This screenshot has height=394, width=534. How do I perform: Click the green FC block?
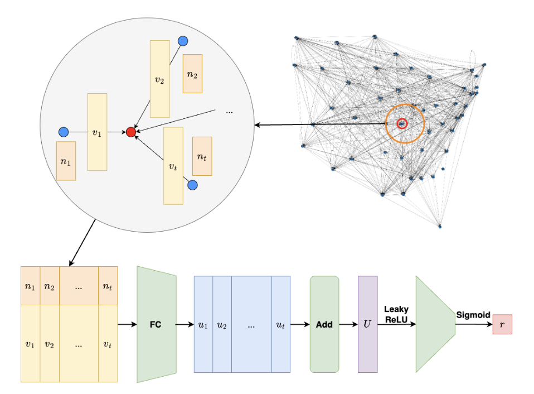(x=156, y=324)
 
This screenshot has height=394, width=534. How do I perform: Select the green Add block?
(x=324, y=324)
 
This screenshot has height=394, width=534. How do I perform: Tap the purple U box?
(x=367, y=324)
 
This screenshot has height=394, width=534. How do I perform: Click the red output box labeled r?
(x=502, y=324)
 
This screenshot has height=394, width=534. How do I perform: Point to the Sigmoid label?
(x=473, y=315)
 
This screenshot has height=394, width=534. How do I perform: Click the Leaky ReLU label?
(x=396, y=314)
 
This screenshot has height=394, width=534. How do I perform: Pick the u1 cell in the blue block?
(x=203, y=324)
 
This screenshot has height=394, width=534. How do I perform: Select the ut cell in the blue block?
(x=280, y=324)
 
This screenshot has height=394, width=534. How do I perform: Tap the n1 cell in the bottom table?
(x=30, y=286)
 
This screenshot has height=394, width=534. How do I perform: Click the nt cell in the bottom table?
(x=108, y=286)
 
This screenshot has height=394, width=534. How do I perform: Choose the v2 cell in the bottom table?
(x=50, y=344)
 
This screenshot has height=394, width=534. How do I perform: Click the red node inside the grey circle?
(x=131, y=132)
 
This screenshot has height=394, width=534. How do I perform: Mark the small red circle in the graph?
(x=402, y=123)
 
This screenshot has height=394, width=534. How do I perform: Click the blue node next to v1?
(x=63, y=132)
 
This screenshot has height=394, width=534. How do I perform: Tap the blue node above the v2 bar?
(x=182, y=41)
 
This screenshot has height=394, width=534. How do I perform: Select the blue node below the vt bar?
(x=192, y=185)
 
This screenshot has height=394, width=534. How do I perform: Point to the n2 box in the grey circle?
(x=192, y=73)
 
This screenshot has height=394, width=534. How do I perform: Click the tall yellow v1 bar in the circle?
(x=97, y=132)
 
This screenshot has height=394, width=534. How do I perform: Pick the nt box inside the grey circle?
(x=202, y=157)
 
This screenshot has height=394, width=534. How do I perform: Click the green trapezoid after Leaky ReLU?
(x=435, y=324)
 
